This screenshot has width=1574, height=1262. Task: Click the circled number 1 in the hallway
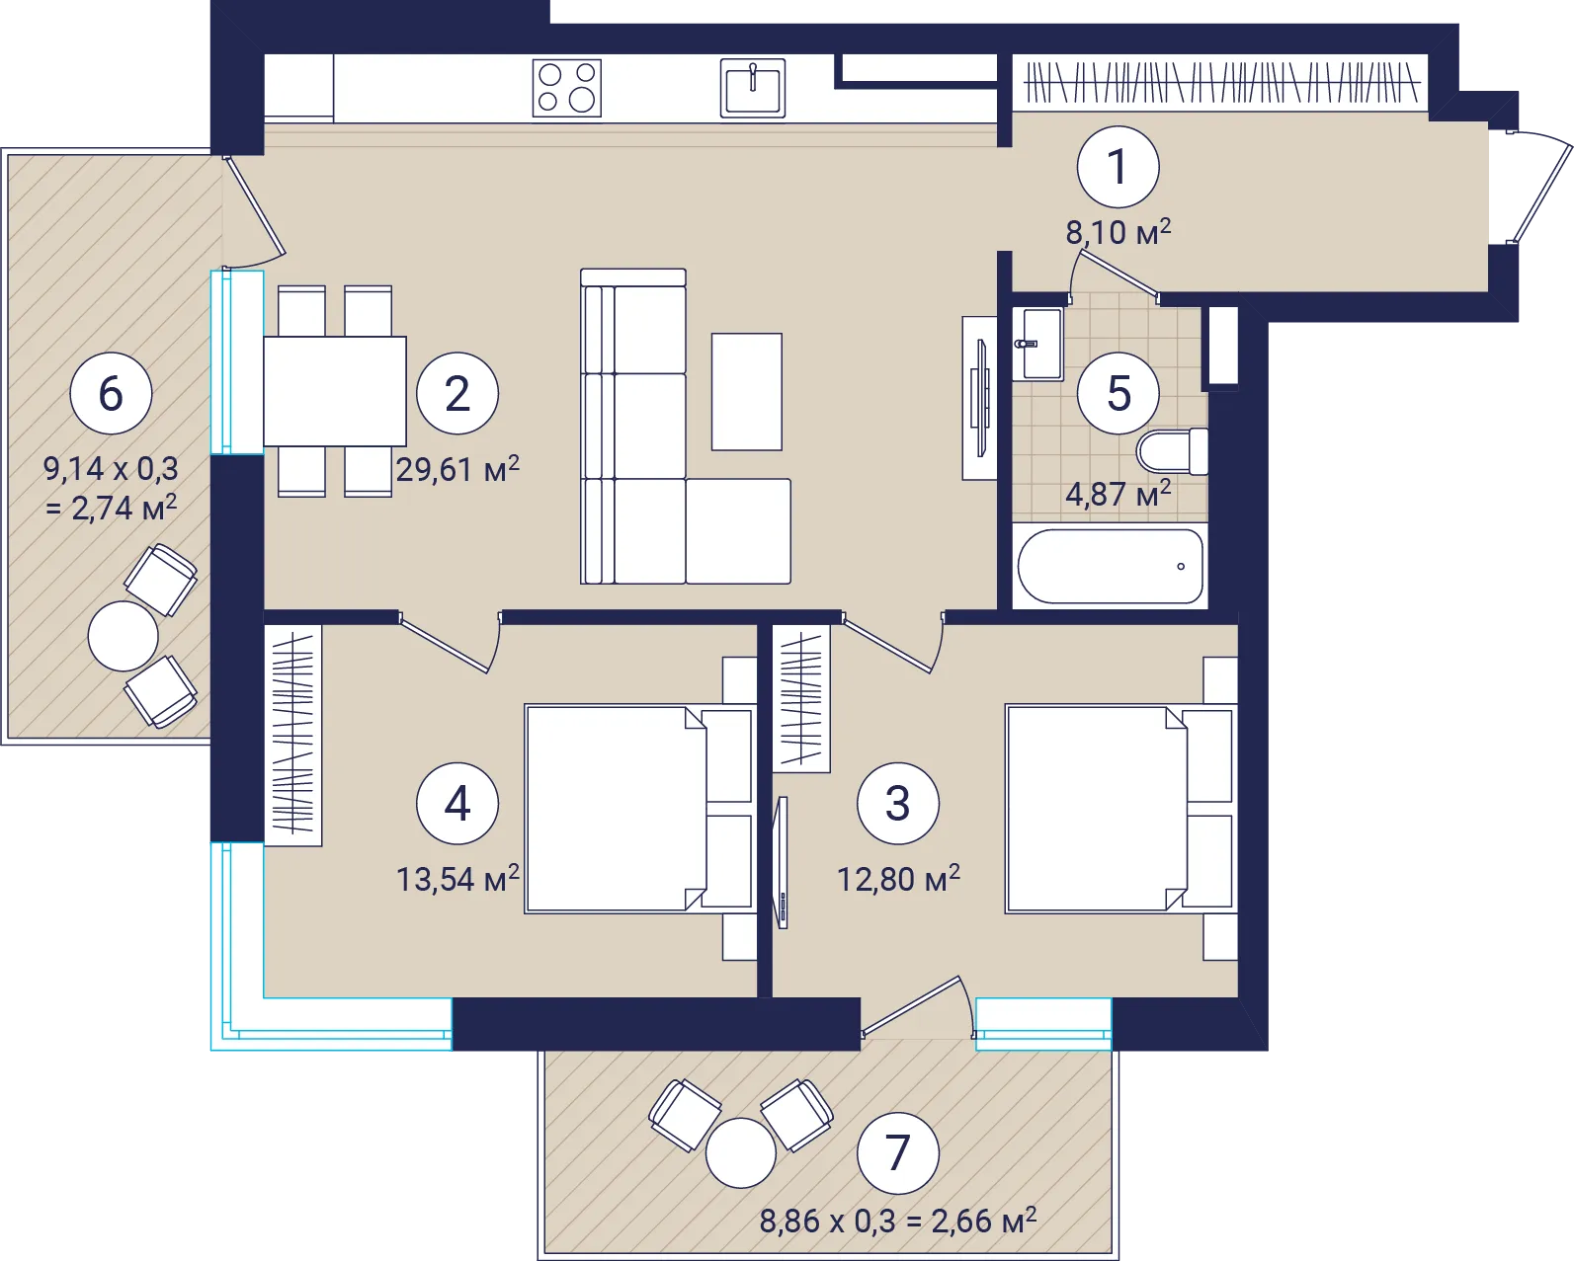(1118, 167)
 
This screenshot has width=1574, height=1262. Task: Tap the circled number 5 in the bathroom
(1118, 393)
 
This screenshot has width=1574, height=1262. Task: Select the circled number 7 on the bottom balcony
(897, 1153)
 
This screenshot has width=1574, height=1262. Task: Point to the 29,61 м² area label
(457, 469)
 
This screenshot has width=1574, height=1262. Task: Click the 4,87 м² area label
(1118, 494)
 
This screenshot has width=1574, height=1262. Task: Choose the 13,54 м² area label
(457, 879)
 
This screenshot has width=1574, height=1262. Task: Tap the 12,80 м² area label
(898, 879)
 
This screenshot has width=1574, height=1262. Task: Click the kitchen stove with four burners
(567, 89)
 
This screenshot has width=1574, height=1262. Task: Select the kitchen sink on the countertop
(753, 89)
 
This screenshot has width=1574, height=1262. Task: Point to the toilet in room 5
(1172, 451)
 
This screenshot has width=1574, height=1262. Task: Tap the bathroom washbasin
(1037, 345)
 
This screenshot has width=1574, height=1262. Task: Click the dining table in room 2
(334, 391)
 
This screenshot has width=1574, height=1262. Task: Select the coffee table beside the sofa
(747, 392)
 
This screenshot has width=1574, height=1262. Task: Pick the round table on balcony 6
(123, 636)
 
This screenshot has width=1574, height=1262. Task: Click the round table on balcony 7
(740, 1153)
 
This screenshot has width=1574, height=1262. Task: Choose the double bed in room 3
(1121, 809)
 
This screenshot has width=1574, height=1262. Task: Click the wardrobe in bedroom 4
(292, 736)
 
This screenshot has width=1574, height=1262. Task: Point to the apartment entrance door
(1540, 188)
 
